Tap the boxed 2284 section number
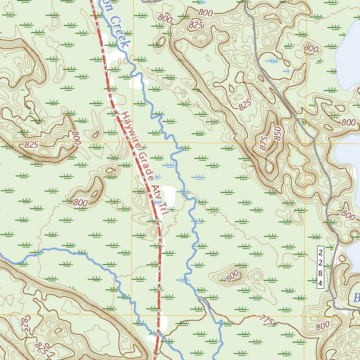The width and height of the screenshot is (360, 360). pos(320,267)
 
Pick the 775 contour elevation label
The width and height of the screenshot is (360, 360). pos(267,320)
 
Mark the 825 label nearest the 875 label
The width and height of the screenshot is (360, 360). pos(245,104)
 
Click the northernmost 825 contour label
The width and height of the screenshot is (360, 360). pos(196,25)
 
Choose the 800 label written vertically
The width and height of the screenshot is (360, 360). pos(76,138)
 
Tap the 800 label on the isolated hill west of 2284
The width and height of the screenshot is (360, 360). pos(232,276)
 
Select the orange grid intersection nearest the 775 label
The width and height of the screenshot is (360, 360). pos(305,315)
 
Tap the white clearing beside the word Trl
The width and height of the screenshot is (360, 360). pos(169,197)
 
